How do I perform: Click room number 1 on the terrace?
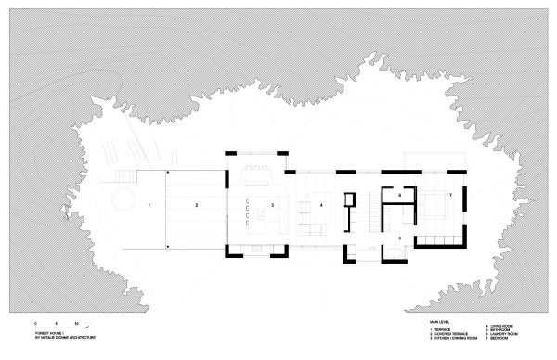(x=149, y=203)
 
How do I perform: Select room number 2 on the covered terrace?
(x=197, y=203)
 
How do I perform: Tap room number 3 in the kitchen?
(x=272, y=203)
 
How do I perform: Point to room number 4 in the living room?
(x=320, y=203)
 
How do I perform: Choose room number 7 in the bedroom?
(x=450, y=196)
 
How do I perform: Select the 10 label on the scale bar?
(x=62, y=322)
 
